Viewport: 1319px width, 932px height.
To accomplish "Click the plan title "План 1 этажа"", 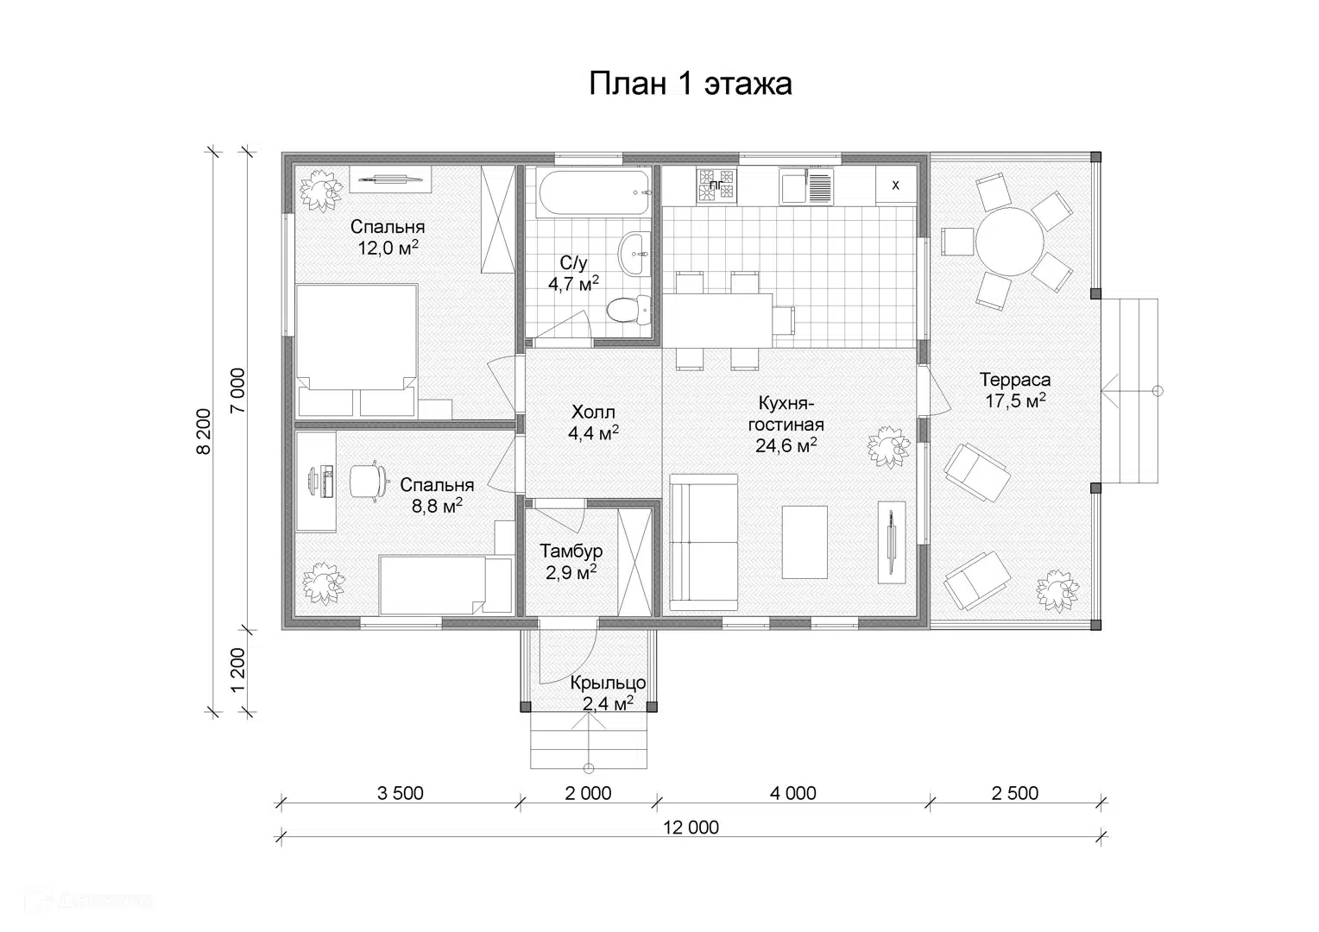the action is coord(690,85).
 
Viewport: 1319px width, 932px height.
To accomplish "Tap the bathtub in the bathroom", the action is coord(596,192).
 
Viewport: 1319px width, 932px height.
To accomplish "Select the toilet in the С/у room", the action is coord(628,309).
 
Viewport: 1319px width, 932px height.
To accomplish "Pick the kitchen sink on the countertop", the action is coord(805,186).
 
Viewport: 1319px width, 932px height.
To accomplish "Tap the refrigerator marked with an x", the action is coord(896,186).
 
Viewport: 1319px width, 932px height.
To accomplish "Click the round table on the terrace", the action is coord(1010,242).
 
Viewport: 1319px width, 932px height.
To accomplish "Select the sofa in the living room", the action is coord(704,543).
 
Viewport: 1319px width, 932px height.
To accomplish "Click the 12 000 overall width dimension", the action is coord(691,828).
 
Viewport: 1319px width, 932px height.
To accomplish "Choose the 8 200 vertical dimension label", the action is coord(203,431).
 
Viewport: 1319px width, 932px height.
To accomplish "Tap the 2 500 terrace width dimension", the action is coord(1014,794).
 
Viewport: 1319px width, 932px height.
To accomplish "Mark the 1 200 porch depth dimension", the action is coord(237,671).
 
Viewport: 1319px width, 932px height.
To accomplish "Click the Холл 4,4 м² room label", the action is coord(593,422).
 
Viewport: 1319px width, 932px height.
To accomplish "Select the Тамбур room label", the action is coord(571,551).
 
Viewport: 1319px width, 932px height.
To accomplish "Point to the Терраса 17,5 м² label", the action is coord(1015,390).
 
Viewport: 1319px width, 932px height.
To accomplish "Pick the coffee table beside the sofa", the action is coord(805,542).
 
